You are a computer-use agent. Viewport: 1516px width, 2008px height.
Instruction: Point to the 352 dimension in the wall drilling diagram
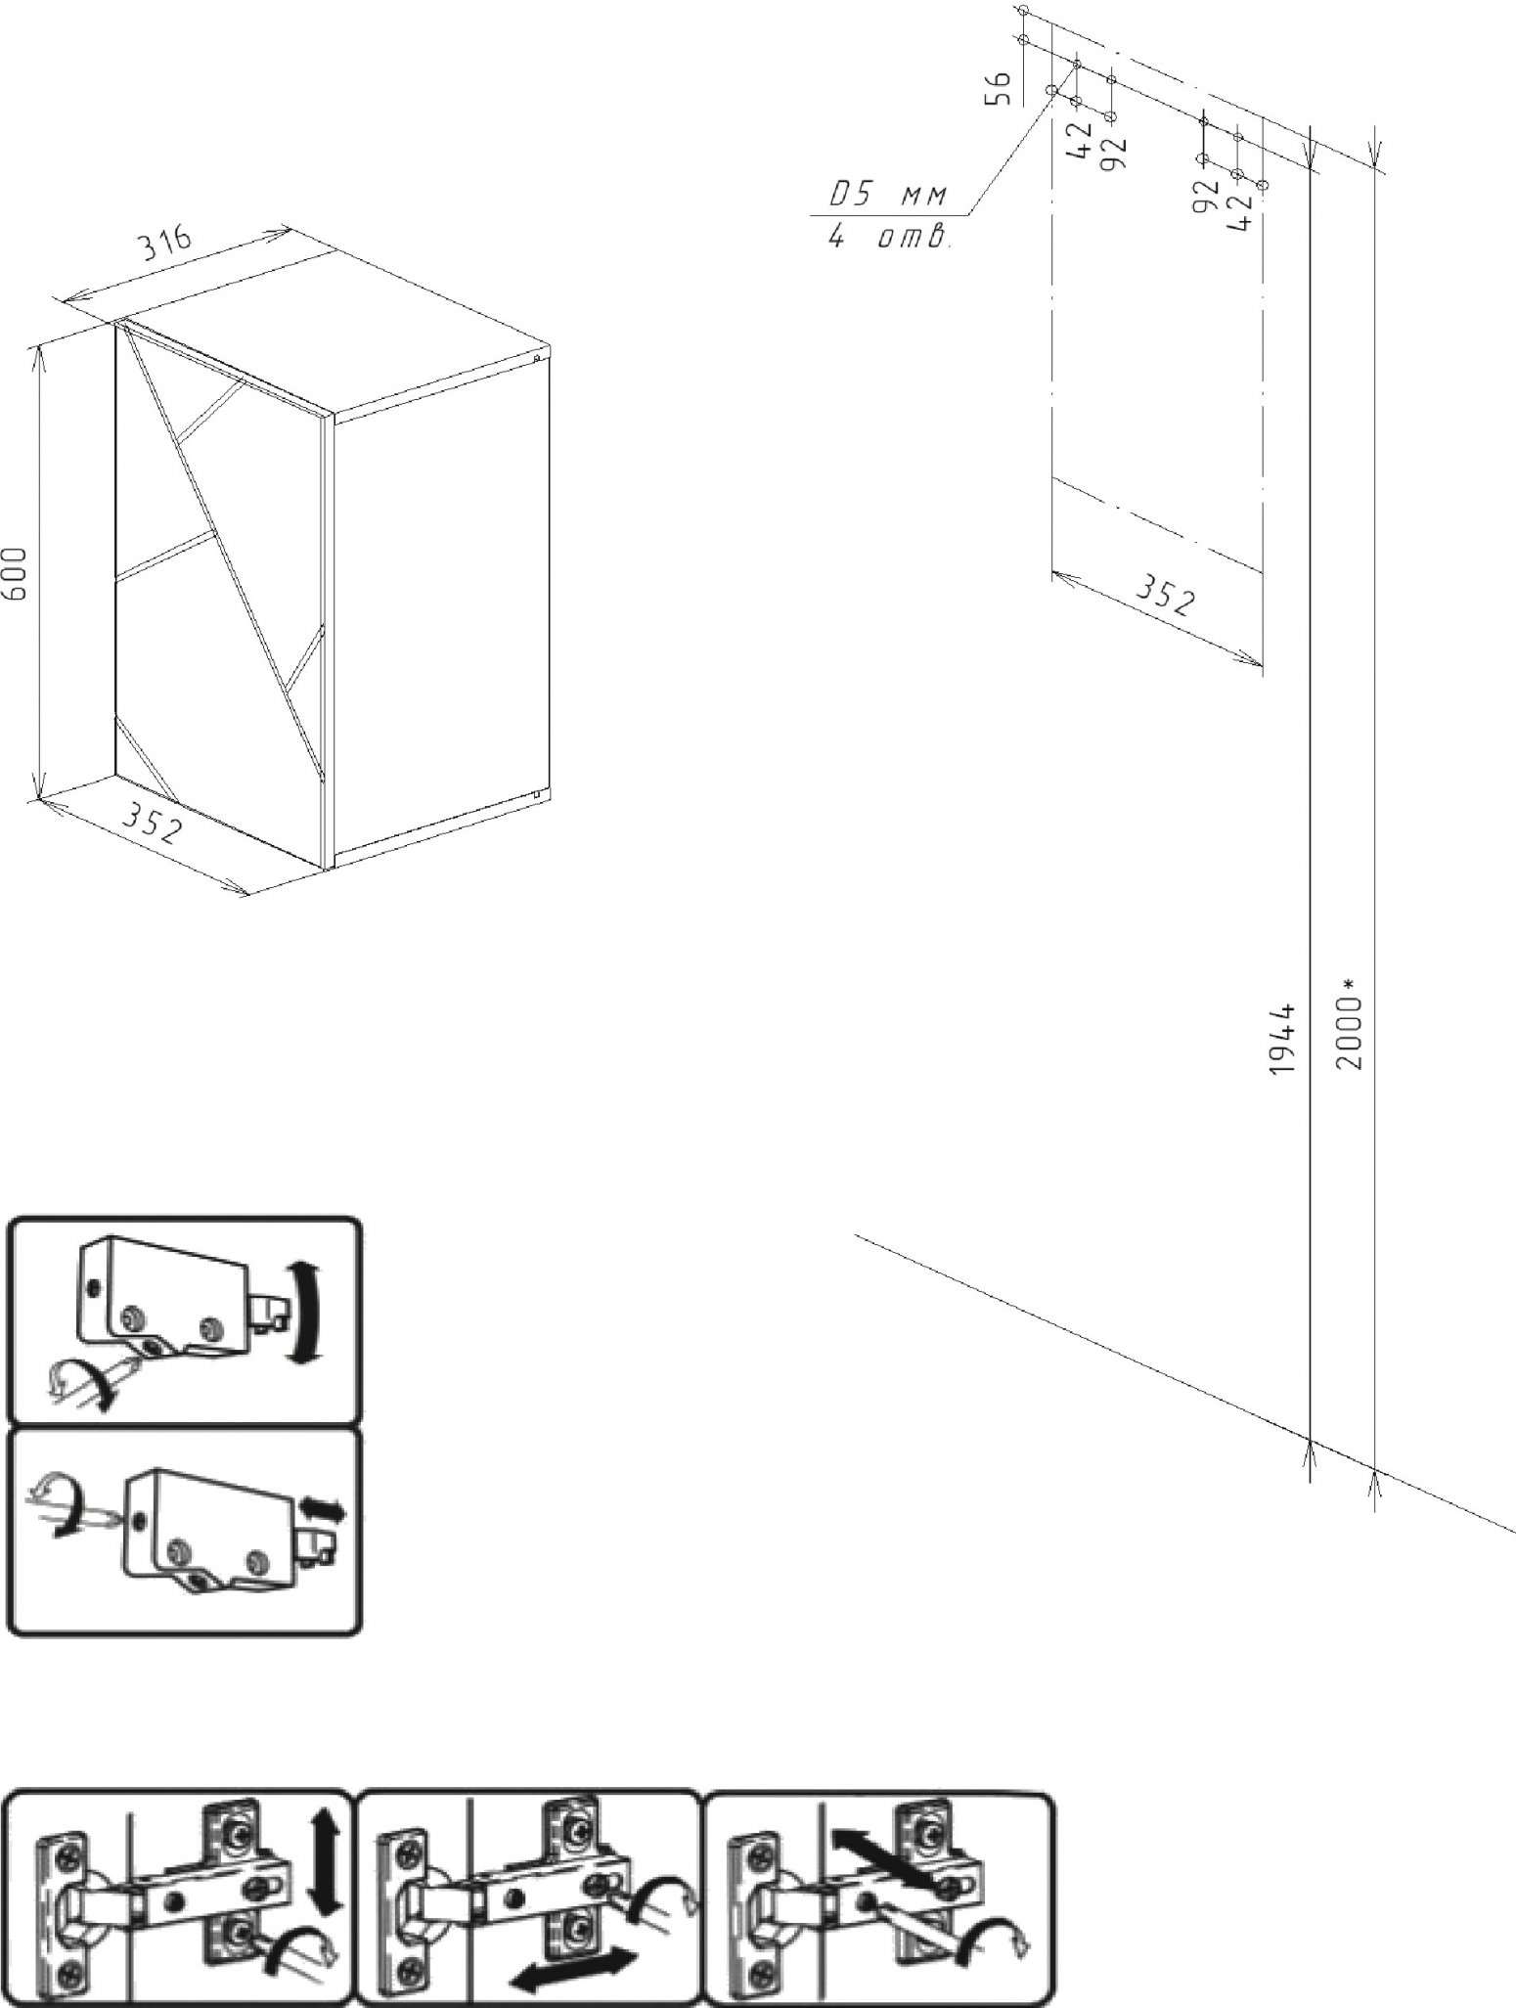[1164, 596]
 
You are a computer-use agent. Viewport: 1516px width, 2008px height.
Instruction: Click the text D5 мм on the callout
[887, 196]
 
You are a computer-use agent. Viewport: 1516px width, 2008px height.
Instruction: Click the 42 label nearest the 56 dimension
[1083, 140]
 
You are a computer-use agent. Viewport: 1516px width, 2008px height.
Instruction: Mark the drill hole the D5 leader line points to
[1052, 91]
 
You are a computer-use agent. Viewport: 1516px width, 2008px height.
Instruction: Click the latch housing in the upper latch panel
[166, 1298]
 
